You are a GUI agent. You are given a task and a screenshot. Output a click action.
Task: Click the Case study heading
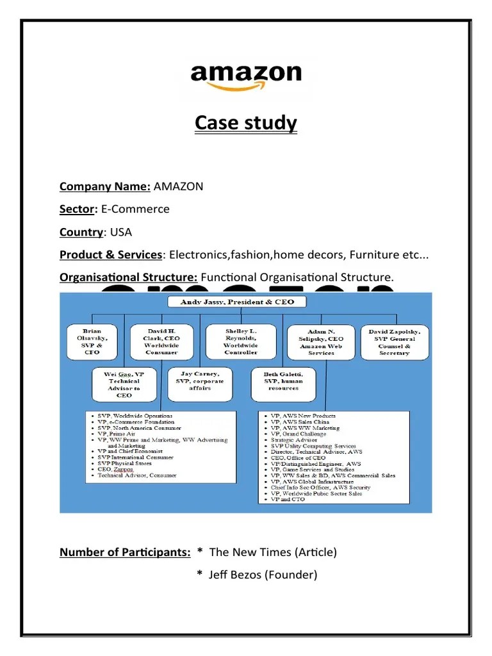(x=246, y=122)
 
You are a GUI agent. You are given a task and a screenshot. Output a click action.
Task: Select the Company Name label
(x=104, y=186)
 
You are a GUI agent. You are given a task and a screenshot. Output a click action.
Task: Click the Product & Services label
(x=110, y=254)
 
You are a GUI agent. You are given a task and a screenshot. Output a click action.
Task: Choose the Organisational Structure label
(x=128, y=277)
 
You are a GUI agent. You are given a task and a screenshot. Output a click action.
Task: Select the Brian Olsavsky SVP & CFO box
(x=92, y=341)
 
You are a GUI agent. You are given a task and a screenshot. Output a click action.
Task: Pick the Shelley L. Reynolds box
(x=241, y=341)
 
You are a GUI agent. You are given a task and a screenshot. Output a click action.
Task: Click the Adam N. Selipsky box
(x=321, y=341)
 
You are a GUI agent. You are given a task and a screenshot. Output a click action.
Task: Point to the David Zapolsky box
(x=394, y=341)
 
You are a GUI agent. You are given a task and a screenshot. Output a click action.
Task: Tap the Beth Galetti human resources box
(x=283, y=379)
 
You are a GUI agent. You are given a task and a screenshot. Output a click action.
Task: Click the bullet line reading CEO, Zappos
(x=115, y=469)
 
